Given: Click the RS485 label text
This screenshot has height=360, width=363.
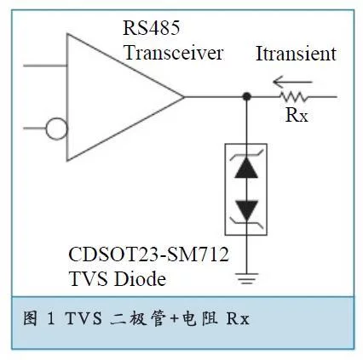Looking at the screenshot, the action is [x=151, y=28].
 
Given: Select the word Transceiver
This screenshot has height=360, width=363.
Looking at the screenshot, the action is [x=174, y=53].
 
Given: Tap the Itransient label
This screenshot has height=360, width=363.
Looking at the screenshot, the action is [x=296, y=54].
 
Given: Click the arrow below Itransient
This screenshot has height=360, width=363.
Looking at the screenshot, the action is [x=292, y=83].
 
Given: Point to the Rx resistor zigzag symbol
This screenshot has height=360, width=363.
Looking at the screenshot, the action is [x=293, y=97].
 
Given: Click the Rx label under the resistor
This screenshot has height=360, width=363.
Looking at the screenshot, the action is [x=297, y=115].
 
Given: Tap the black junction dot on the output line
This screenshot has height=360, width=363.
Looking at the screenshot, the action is [x=246, y=97].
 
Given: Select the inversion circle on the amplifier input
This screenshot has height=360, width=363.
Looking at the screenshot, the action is [x=56, y=129].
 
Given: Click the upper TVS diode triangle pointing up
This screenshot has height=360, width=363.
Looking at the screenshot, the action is [x=246, y=168].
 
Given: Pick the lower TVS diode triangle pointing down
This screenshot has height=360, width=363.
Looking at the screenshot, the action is [x=246, y=210].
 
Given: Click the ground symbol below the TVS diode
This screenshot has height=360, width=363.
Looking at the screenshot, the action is [x=246, y=278].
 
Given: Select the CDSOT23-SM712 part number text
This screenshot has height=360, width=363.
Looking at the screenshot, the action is [x=148, y=254].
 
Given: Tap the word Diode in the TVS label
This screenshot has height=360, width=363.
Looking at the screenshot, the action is [x=140, y=278].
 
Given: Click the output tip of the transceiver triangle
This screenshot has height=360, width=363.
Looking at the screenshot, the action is [x=184, y=97].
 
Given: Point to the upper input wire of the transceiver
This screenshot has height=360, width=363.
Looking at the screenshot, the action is [x=45, y=66].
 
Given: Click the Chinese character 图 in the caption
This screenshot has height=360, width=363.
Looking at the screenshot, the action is [x=30, y=318].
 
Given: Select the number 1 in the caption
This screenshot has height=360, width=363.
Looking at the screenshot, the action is [x=51, y=318].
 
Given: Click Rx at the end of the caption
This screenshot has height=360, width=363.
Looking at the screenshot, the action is [x=238, y=318].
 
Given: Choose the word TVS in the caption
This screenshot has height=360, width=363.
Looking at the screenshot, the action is [x=84, y=318].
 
